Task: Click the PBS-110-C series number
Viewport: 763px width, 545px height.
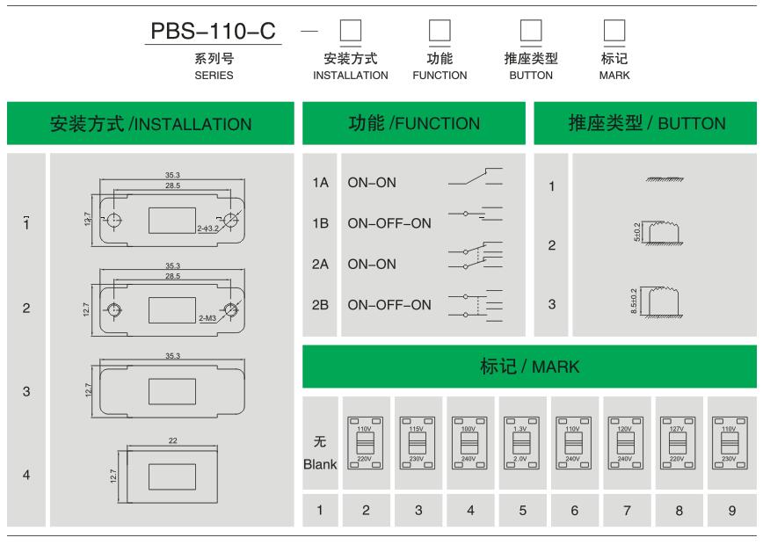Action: point(214,31)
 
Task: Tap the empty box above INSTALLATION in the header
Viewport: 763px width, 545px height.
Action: point(350,32)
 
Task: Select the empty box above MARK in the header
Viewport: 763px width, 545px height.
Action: point(614,32)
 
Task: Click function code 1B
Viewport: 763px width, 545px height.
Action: point(320,223)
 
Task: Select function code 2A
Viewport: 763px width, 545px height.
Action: point(320,264)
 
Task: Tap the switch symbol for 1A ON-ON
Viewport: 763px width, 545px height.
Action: point(475,180)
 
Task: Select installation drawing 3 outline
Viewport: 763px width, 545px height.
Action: point(172,389)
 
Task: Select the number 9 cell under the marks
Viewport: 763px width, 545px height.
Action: point(730,509)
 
